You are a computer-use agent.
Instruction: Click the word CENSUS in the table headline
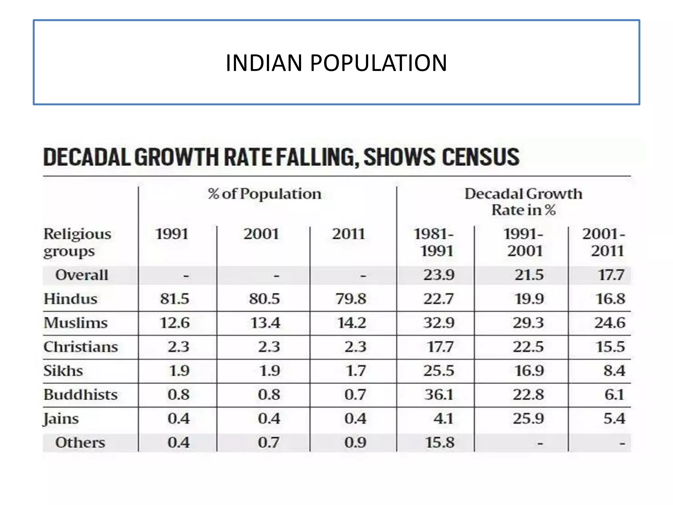(480, 157)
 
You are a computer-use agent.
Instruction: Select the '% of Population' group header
(265, 194)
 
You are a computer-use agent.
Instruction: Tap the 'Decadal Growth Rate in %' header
(523, 202)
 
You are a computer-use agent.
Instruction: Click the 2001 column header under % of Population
(261, 234)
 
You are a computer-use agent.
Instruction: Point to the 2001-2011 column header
(604, 242)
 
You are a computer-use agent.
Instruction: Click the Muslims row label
(76, 323)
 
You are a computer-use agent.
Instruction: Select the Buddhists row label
(81, 394)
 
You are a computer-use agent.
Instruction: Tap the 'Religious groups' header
(77, 242)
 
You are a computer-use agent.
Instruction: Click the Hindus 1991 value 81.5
(174, 299)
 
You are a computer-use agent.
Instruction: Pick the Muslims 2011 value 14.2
(351, 323)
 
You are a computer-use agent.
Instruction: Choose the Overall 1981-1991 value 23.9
(439, 275)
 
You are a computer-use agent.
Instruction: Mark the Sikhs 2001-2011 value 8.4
(614, 371)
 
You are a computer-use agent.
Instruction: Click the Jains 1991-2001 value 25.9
(528, 418)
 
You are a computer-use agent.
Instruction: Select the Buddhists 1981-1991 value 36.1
(439, 394)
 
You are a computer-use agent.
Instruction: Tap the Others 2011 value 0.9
(355, 442)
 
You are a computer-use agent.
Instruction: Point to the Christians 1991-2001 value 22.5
(528, 347)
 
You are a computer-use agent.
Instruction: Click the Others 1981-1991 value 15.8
(440, 442)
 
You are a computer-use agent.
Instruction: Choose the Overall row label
(81, 275)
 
